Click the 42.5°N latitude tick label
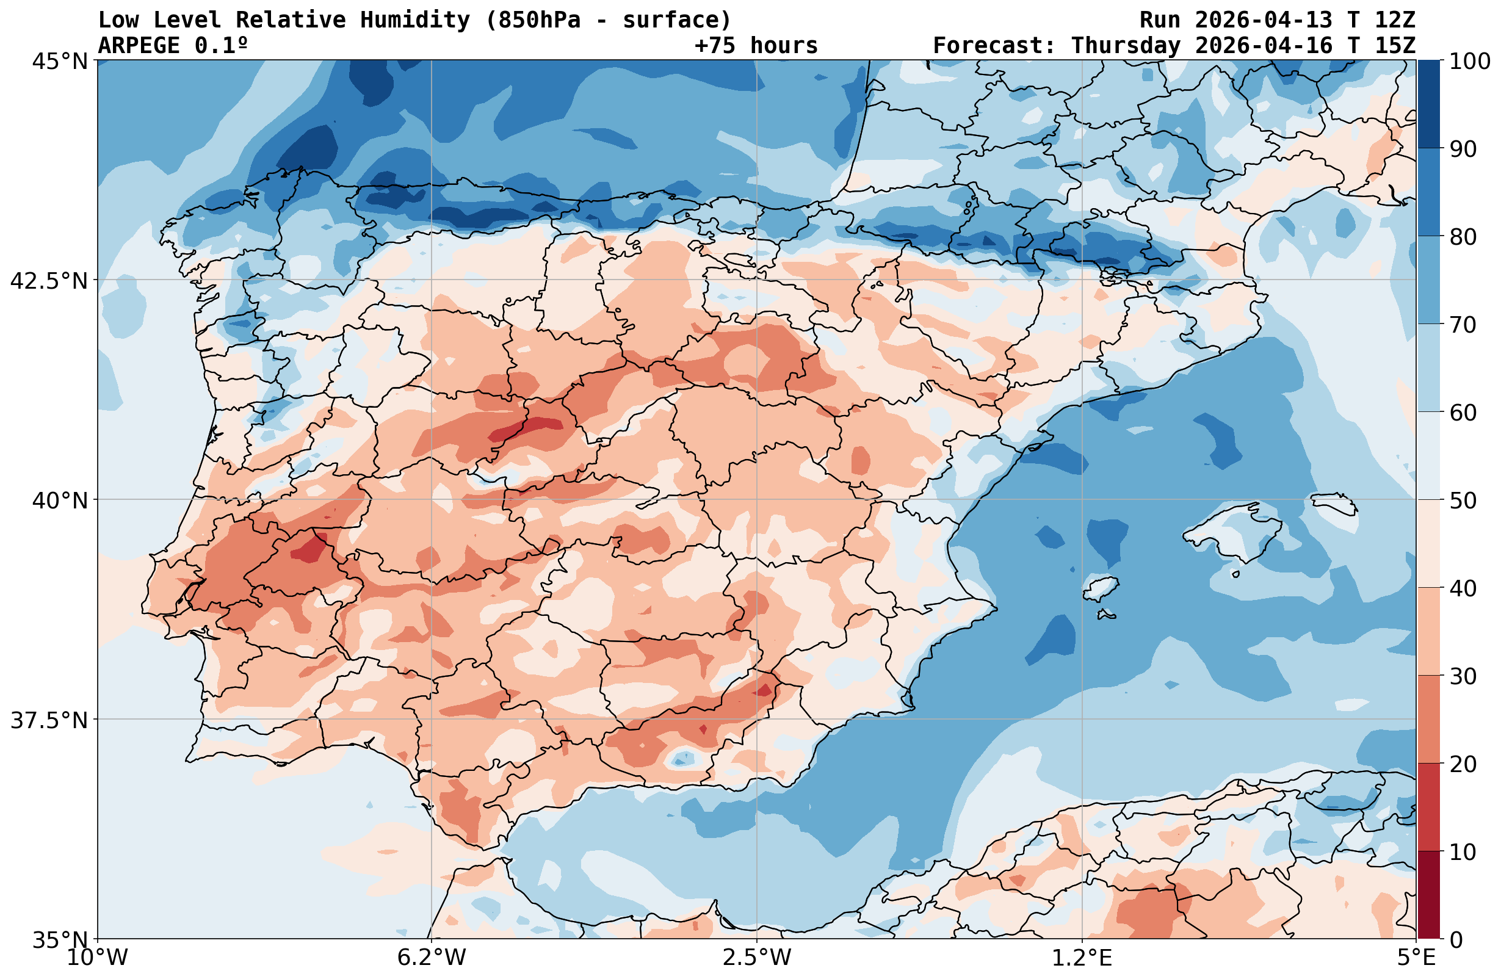click(49, 281)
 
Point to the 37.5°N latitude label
click(49, 720)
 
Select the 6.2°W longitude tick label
click(432, 958)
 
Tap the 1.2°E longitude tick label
click(1082, 958)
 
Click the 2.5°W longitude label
click(757, 958)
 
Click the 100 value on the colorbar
click(1469, 61)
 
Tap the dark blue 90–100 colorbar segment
click(1428, 104)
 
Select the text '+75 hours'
click(756, 46)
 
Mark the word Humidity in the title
click(415, 20)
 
